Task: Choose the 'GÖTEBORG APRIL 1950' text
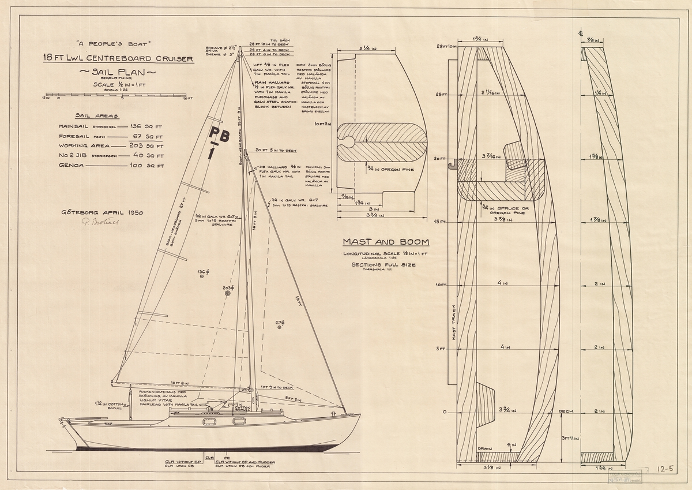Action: tap(101, 212)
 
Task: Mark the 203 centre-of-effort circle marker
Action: tap(228, 293)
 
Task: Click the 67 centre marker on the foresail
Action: tap(280, 327)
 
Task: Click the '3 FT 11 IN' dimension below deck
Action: tap(569, 438)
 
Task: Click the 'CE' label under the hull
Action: tap(227, 457)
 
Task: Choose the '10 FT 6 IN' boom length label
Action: tap(180, 383)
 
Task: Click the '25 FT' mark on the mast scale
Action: tap(442, 95)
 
